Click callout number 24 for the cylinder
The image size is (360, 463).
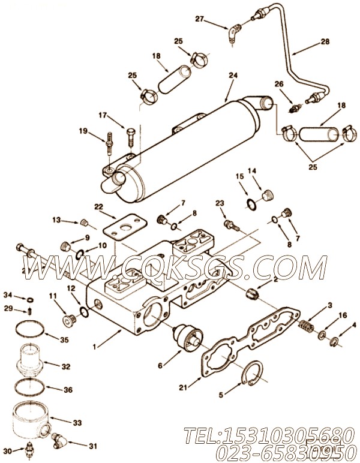click(x=232, y=77)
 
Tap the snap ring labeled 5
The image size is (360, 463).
click(x=255, y=377)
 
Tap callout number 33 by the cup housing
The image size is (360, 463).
click(x=76, y=423)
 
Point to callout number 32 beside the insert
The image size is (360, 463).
click(x=66, y=365)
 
